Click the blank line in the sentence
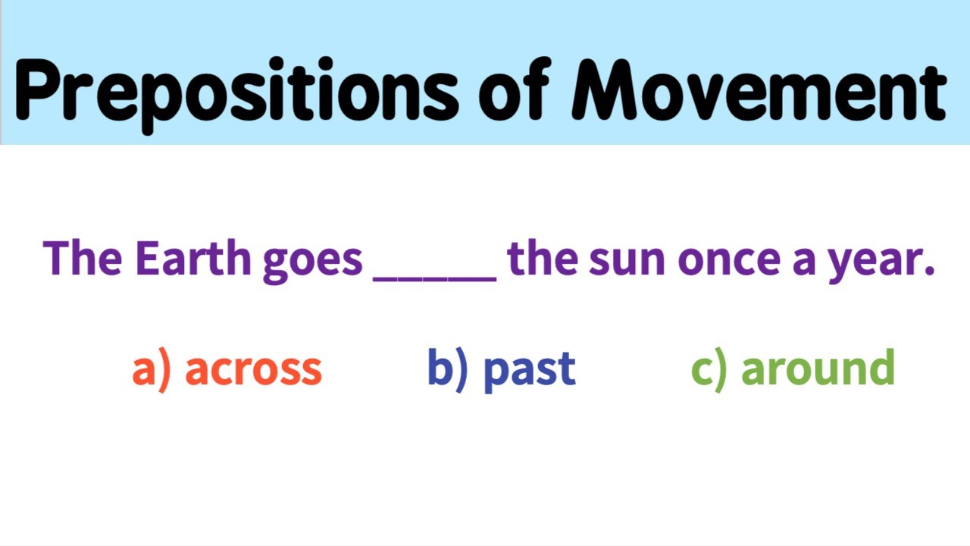point(435,278)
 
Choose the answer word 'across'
point(253,369)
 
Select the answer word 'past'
point(529,369)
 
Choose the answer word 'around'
point(818,368)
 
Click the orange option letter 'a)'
point(152,369)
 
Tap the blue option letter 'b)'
point(447,368)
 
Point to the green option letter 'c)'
point(709,369)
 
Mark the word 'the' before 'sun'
point(543,259)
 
